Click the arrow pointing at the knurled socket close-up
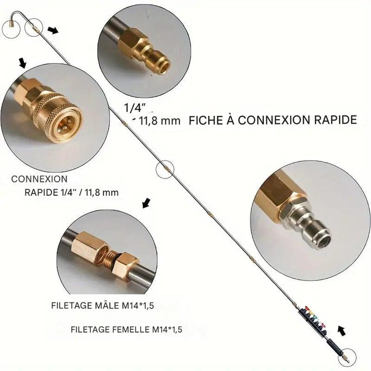(x=22, y=63)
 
